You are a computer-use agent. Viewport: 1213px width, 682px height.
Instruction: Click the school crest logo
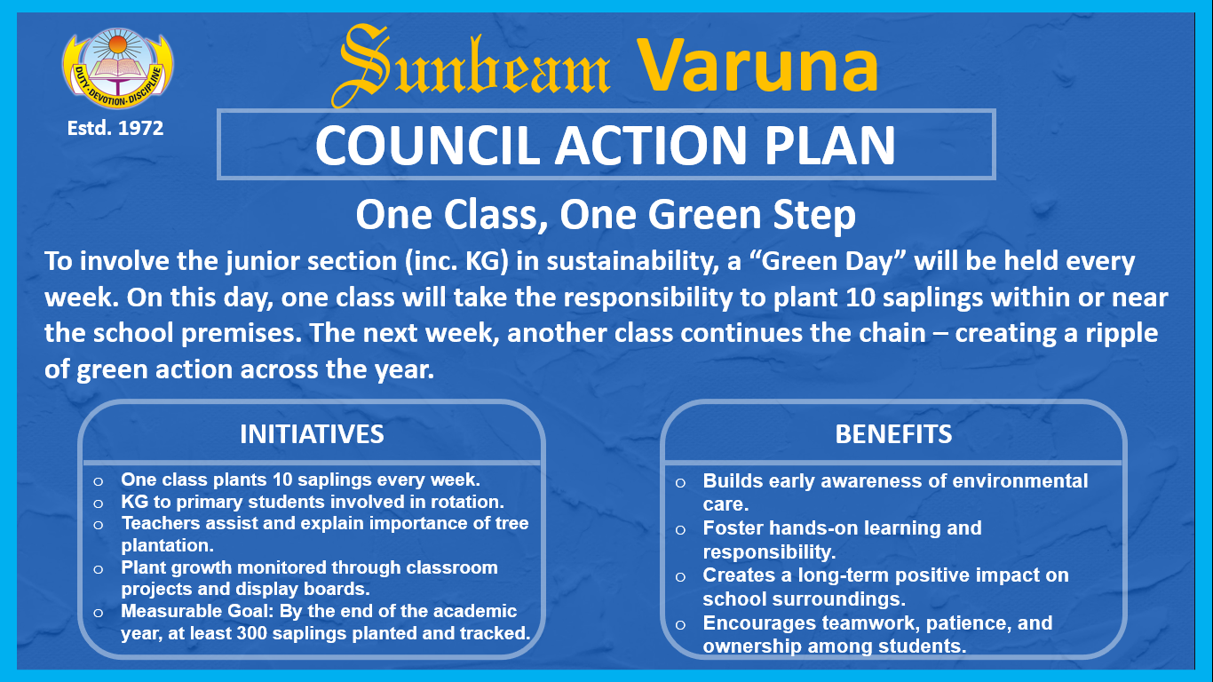(117, 68)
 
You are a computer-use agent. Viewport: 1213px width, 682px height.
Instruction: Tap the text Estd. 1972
(115, 129)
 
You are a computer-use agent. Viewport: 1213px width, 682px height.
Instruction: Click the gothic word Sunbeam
(472, 66)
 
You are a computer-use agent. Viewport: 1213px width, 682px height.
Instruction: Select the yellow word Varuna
(757, 66)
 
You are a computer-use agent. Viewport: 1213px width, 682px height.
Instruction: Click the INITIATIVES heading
(312, 434)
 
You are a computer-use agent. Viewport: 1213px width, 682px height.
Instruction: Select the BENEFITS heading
(893, 434)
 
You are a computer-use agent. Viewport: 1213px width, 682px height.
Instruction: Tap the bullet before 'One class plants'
(98, 481)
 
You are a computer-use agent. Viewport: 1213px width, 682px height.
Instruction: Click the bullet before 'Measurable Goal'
(98, 613)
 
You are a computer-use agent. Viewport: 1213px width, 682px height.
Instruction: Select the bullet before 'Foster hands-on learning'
(681, 529)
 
